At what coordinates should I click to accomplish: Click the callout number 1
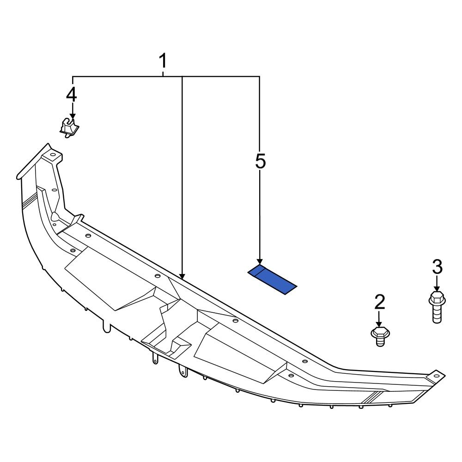[163, 61]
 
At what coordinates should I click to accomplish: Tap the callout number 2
[379, 302]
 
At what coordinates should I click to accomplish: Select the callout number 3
[437, 267]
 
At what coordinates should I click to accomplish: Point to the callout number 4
[72, 95]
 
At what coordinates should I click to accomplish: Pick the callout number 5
[260, 161]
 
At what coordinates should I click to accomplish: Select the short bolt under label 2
[380, 336]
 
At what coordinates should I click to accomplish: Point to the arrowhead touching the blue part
[260, 261]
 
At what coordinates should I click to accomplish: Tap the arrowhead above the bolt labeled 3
[437, 288]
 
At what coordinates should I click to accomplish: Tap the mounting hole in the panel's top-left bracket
[52, 155]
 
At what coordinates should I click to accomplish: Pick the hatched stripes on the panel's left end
[30, 200]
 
